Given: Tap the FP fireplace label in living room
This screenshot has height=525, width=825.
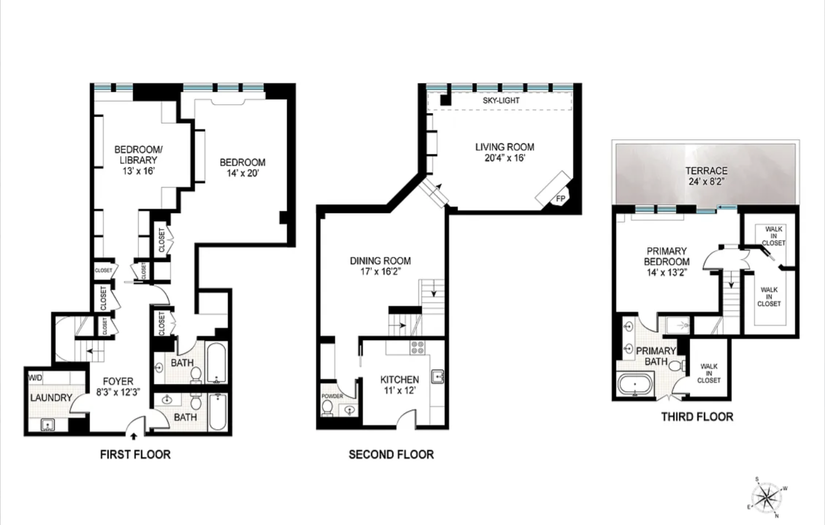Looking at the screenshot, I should [x=560, y=199].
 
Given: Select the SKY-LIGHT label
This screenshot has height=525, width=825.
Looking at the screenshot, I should [x=501, y=101].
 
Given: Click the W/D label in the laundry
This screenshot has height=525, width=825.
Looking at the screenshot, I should [x=35, y=378].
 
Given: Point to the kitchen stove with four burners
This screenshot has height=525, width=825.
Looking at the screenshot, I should [x=417, y=348].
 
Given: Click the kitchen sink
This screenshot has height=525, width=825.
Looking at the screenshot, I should [x=437, y=376].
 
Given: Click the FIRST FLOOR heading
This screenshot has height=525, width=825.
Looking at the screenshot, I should [x=135, y=454].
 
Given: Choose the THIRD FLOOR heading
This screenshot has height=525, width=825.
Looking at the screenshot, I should [x=697, y=416].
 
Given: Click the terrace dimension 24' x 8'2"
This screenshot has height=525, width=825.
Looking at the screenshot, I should [x=706, y=181].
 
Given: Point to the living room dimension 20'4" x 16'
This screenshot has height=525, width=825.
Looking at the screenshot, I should [x=504, y=158].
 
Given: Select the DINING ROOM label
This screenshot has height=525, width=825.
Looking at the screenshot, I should [x=380, y=261].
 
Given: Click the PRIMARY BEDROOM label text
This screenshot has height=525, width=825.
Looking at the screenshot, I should [x=666, y=256].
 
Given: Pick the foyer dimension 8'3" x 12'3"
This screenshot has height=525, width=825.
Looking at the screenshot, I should [x=118, y=392].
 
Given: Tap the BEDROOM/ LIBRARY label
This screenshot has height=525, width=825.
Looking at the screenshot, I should [x=138, y=154].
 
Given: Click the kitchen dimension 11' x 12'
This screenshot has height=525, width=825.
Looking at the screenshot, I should [x=399, y=390].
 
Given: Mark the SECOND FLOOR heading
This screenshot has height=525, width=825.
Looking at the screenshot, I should [x=391, y=454].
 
